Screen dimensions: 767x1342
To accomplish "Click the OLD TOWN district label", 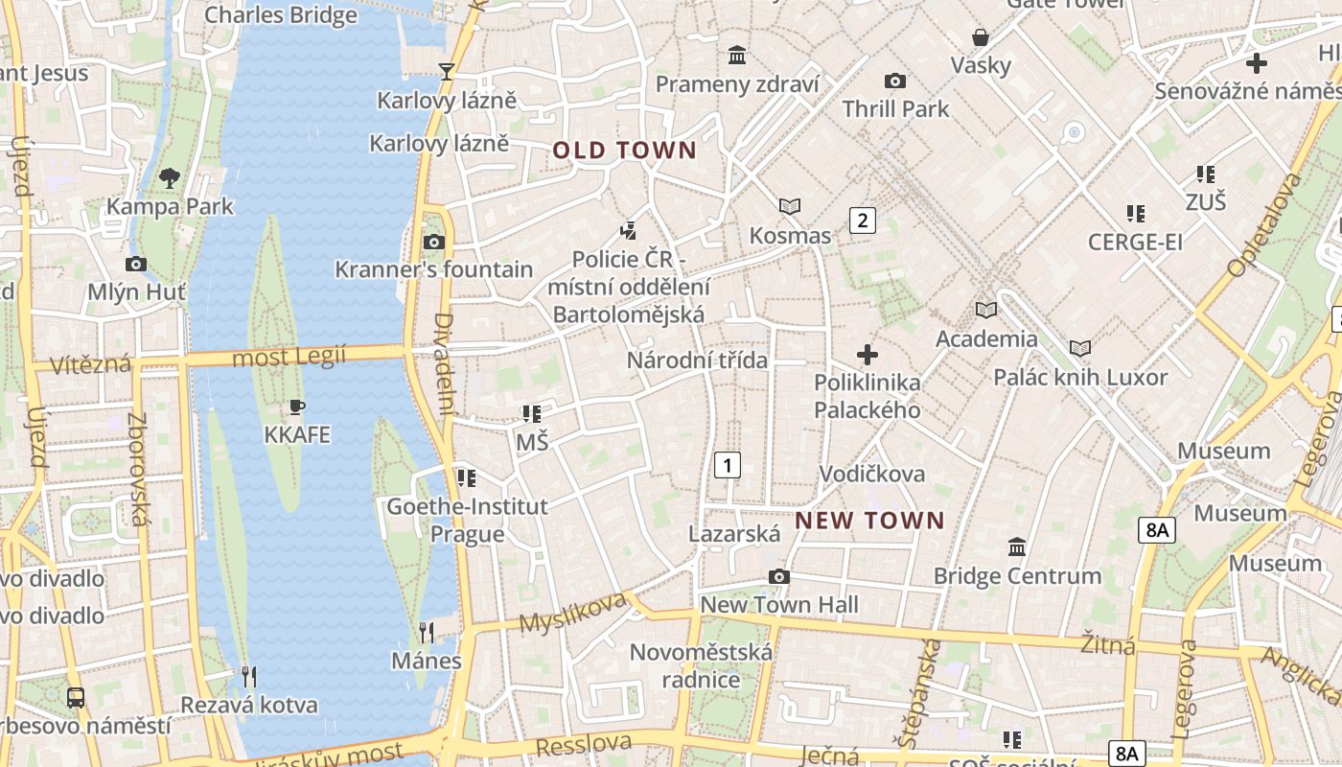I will (624, 151).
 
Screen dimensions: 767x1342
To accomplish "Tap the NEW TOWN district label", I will (869, 521).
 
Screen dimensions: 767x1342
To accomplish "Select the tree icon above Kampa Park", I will (170, 177).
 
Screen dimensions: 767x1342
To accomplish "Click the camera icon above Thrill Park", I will (895, 81).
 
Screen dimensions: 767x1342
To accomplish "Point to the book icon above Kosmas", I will (790, 206).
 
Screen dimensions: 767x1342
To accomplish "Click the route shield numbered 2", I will (863, 221).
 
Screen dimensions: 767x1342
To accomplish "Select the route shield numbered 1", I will (728, 466).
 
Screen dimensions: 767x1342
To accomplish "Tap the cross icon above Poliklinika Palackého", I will (868, 355).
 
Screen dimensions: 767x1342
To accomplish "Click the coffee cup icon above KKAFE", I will (297, 407).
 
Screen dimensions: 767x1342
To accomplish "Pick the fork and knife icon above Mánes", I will (427, 632).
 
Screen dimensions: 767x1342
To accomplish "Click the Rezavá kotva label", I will (249, 706).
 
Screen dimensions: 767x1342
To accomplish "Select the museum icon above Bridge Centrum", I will (1017, 546).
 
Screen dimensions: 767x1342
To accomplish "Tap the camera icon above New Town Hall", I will (779, 576).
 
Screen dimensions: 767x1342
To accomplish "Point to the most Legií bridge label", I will (289, 358).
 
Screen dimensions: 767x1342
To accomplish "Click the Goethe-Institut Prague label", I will (467, 520).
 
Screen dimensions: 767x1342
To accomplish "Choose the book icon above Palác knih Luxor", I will (1080, 348).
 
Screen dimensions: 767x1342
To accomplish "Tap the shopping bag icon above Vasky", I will (981, 37).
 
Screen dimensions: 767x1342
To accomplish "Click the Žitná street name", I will (1108, 644).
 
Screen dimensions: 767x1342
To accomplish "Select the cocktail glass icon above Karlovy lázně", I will (446, 71).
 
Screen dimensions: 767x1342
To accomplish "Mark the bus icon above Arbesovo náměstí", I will (76, 697).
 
